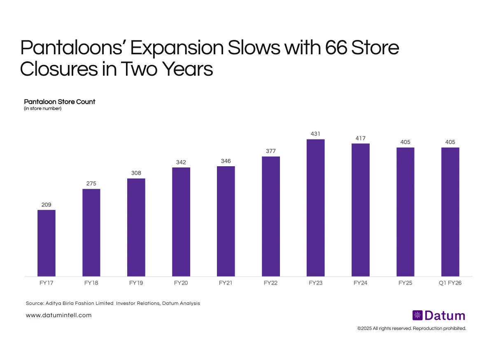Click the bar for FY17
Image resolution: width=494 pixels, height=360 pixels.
(47, 243)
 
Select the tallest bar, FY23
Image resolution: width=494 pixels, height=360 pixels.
(316, 208)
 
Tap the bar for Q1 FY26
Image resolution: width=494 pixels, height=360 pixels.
(450, 212)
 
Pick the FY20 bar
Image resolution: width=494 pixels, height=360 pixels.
(181, 222)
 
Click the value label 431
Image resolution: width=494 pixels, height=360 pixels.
(316, 134)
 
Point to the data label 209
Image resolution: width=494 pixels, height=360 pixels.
(47, 204)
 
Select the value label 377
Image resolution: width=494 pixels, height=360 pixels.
(271, 151)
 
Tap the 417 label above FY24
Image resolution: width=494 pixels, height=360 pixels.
(361, 138)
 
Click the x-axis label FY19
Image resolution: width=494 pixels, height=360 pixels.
(136, 283)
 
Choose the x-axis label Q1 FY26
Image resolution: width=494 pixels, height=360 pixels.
(450, 283)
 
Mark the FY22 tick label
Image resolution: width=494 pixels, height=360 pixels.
(271, 283)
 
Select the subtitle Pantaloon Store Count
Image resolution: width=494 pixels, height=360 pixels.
(60, 102)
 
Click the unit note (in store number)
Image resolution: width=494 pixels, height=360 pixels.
(43, 109)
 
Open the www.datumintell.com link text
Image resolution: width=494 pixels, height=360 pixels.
(58, 315)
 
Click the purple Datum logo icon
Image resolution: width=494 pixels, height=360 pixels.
(417, 316)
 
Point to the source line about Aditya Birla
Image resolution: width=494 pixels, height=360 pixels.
(113, 303)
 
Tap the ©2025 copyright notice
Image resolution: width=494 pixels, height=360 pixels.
(412, 328)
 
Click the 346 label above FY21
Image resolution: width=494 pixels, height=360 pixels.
(226, 161)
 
